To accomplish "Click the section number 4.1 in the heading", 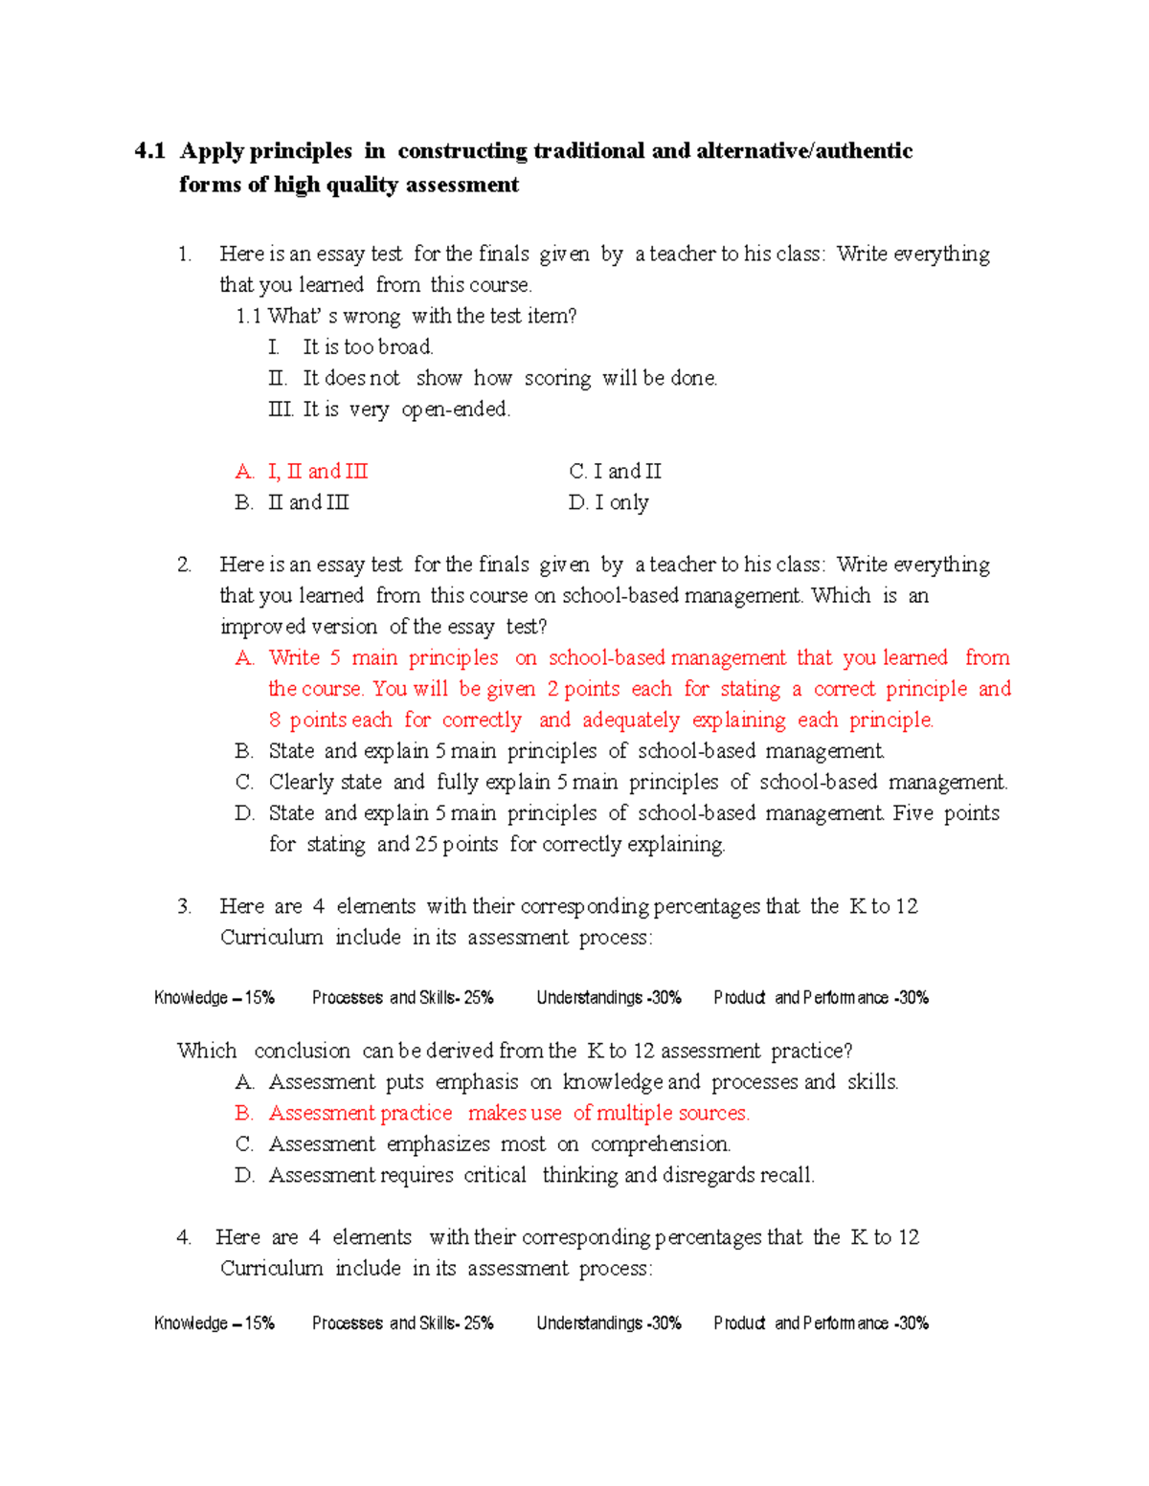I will [149, 151].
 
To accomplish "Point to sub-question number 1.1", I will [248, 316].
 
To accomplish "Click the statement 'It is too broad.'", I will [368, 346].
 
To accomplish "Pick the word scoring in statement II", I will [557, 378].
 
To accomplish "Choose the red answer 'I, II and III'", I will [317, 471].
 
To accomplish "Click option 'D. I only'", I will [609, 502].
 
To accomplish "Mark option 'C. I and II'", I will [615, 471].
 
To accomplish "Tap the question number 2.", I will [184, 565].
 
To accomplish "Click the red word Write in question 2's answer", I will [294, 657].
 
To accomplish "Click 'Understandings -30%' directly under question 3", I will [609, 997].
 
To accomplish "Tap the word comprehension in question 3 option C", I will [660, 1143].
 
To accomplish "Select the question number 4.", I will [184, 1237].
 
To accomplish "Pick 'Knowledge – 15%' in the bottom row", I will [214, 1322].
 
